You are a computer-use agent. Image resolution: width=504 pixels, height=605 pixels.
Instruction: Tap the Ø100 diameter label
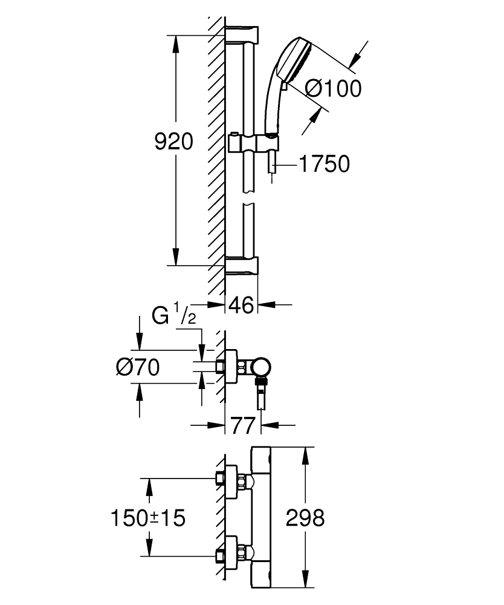pyautogui.click(x=334, y=89)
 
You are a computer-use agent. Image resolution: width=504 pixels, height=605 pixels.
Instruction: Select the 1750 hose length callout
pyautogui.click(x=324, y=163)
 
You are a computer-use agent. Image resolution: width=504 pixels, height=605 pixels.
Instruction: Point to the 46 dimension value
pyautogui.click(x=241, y=305)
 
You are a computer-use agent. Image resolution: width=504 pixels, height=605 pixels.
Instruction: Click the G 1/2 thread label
pyautogui.click(x=174, y=314)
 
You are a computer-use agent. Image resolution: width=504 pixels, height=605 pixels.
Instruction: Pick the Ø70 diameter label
pyautogui.click(x=138, y=367)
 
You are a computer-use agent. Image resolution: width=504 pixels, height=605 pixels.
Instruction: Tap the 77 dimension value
pyautogui.click(x=243, y=425)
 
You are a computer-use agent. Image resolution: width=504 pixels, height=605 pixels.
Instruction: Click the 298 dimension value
pyautogui.click(x=305, y=517)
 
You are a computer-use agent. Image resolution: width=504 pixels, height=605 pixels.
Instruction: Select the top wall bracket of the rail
pyautogui.click(x=242, y=34)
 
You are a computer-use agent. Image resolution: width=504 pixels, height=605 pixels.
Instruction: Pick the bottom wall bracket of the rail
pyautogui.click(x=242, y=266)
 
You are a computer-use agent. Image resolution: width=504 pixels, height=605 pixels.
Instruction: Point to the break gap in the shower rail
pyautogui.click(x=249, y=198)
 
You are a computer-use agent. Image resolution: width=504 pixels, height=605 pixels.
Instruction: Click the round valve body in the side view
pyautogui.click(x=261, y=367)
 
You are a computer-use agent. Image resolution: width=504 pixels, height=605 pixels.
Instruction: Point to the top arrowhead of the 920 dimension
pyautogui.click(x=176, y=44)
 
